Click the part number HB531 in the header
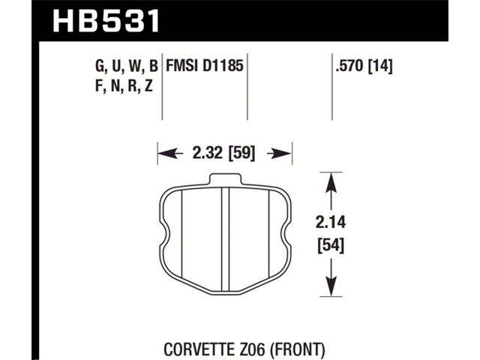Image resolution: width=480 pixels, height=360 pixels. tap(106, 21)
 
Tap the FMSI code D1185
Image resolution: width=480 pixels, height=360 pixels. tap(223, 65)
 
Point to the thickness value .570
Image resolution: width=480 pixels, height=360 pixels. tap(350, 65)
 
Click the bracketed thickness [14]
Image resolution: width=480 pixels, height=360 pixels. tap(380, 66)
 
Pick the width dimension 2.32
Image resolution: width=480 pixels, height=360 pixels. tap(207, 152)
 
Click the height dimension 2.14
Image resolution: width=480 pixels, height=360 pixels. tap(331, 222)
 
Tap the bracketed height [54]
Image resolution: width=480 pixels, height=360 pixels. tap(331, 245)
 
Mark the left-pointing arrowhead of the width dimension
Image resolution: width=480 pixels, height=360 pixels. tap(166, 153)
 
